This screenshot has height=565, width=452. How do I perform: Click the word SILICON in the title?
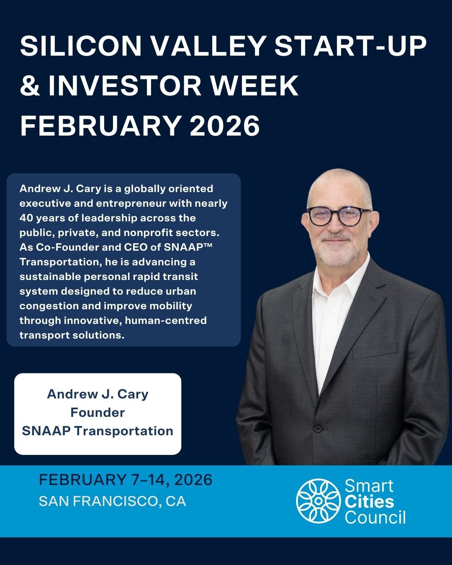pyautogui.click(x=81, y=46)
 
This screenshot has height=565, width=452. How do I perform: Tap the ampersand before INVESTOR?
pyautogui.click(x=30, y=86)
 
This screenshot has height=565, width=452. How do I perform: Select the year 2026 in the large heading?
pyautogui.click(x=225, y=125)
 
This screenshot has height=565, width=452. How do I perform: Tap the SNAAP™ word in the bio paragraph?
pyautogui.click(x=188, y=247)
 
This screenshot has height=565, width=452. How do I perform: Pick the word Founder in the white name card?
pyautogui.click(x=98, y=413)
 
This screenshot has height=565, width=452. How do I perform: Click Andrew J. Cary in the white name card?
pyautogui.click(x=98, y=394)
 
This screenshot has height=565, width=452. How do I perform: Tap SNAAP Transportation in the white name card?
pyautogui.click(x=98, y=431)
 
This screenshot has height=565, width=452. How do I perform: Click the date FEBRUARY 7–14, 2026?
pyautogui.click(x=126, y=480)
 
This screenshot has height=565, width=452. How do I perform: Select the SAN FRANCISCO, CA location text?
pyautogui.click(x=113, y=501)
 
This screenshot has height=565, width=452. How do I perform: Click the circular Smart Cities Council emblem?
pyautogui.click(x=318, y=501)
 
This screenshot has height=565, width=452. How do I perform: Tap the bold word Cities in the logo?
pyautogui.click(x=369, y=501)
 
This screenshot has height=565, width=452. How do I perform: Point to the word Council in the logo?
pyautogui.click(x=375, y=517)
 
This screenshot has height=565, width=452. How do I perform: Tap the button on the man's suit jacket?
pyautogui.click(x=318, y=428)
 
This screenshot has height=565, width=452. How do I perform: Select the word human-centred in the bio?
pyautogui.click(x=166, y=320)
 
